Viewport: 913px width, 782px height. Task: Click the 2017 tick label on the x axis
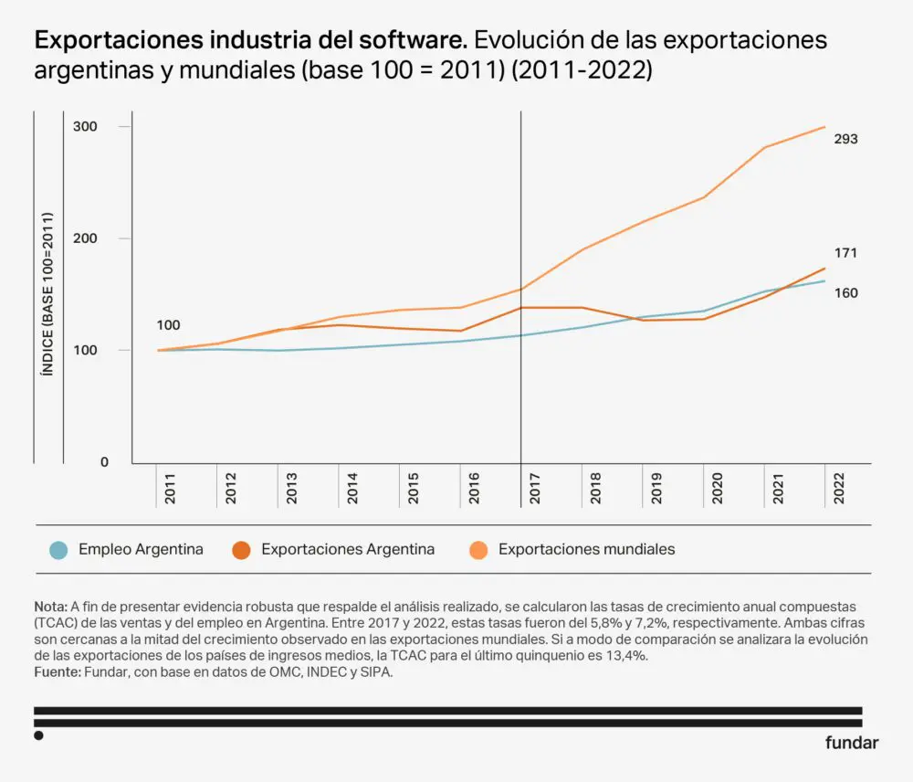pos(535,490)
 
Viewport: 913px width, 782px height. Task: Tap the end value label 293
pos(845,139)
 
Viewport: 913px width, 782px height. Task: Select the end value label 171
pos(845,253)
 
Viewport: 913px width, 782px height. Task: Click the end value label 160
pos(845,293)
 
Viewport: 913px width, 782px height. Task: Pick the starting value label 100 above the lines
pos(168,325)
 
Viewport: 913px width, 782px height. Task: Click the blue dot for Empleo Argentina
pos(58,550)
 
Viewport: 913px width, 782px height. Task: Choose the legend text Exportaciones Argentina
pos(348,550)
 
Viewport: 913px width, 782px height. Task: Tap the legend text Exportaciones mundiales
pos(586,550)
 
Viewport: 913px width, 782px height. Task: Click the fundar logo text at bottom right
pos(852,742)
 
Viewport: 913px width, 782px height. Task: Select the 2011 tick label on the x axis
pos(171,490)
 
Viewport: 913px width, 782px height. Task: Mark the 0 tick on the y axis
pos(104,462)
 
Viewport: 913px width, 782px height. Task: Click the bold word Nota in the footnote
pos(49,607)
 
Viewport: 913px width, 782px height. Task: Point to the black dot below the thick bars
pos(38,734)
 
